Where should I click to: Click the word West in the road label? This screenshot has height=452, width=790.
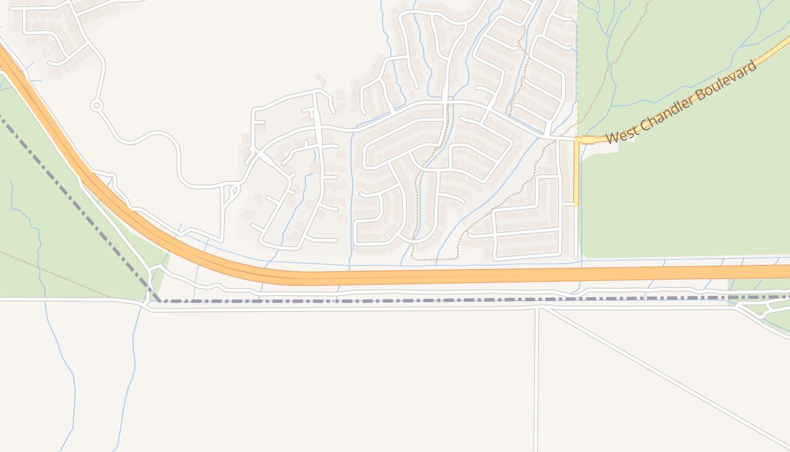coord(622,134)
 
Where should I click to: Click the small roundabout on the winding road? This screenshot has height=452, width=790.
coord(96,105)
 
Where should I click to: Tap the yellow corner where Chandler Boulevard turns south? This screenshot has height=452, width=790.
coord(577,140)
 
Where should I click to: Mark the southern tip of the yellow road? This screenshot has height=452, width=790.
coord(576,203)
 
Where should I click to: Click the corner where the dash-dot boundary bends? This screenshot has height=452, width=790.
coord(159,301)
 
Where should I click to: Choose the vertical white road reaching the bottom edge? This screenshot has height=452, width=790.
coord(537,384)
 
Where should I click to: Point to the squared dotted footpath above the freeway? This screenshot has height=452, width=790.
coord(434,259)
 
